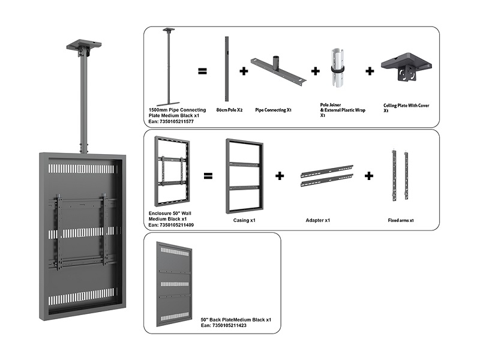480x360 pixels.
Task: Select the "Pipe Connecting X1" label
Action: click(x=273, y=110)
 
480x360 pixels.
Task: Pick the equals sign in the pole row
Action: click(x=202, y=71)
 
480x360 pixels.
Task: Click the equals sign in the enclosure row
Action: click(x=208, y=176)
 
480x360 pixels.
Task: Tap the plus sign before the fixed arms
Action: click(x=369, y=176)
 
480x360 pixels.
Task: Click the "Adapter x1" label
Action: click(x=318, y=220)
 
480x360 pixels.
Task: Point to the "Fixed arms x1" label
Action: click(x=401, y=220)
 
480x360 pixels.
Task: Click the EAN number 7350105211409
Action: click(x=170, y=224)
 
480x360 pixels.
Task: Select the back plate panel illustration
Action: click(x=175, y=284)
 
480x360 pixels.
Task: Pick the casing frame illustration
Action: click(x=244, y=175)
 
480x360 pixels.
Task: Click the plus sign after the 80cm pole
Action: click(x=244, y=71)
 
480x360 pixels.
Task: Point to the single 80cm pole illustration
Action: click(x=227, y=69)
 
